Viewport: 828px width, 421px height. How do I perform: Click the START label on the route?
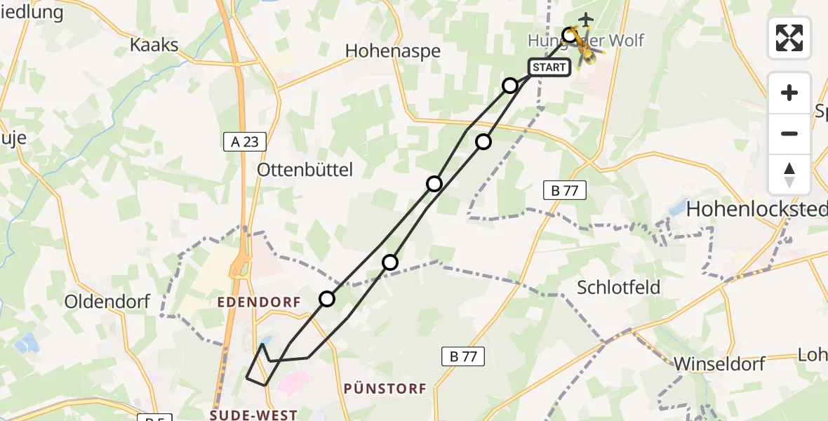549,67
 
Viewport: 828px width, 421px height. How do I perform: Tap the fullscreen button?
789,38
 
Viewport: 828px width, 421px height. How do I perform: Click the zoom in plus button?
789,93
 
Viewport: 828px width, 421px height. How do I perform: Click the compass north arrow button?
789,175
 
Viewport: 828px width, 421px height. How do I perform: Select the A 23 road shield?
245,142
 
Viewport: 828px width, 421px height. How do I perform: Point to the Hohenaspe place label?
393,51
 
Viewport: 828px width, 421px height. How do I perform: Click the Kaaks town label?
154,46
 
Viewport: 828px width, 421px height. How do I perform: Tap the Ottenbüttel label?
305,169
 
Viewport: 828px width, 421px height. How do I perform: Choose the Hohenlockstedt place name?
756,208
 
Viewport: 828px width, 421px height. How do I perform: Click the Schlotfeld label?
619,287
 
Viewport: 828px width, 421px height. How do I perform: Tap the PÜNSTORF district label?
385,388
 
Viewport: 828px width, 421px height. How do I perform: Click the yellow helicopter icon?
585,48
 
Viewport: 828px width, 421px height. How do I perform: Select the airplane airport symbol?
585,19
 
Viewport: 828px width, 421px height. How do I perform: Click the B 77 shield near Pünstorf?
463,356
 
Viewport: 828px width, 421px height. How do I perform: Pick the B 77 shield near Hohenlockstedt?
565,189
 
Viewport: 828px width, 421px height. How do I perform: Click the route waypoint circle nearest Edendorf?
327,300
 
